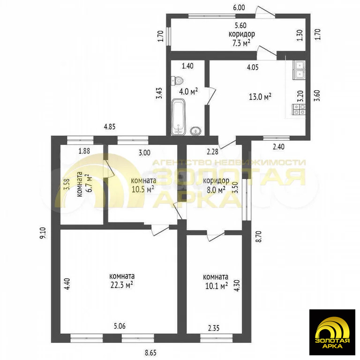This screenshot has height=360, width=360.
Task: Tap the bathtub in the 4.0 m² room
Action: (178, 117)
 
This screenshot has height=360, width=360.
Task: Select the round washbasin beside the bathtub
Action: (196, 131)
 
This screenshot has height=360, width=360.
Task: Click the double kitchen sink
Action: (299, 70)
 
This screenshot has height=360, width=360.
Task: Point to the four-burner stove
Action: (299, 110)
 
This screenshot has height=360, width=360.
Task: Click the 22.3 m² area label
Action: (122, 285)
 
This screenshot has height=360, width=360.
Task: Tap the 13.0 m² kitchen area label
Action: (260, 97)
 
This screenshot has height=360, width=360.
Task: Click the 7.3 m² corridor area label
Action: (241, 43)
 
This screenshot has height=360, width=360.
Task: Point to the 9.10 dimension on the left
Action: (44, 233)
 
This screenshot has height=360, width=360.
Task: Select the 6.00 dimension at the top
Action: (239, 7)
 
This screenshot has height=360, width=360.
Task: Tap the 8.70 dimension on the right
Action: (259, 236)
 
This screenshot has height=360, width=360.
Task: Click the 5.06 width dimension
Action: (120, 326)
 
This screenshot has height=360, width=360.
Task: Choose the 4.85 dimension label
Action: (110, 127)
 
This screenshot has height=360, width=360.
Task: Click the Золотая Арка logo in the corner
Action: (332, 332)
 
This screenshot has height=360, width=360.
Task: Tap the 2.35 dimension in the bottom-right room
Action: (214, 328)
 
